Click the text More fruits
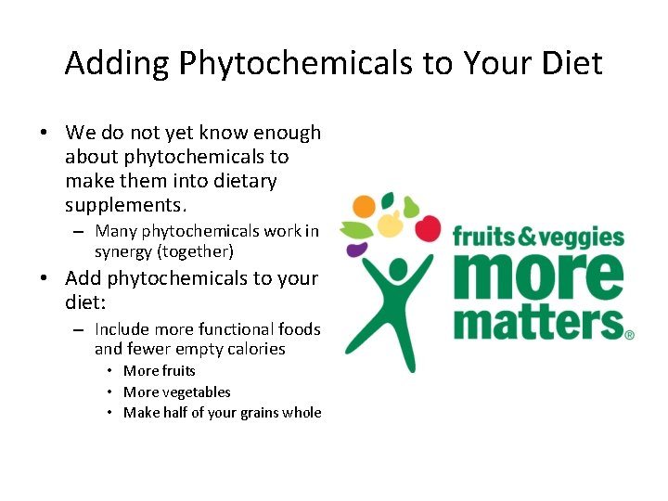click(x=160, y=371)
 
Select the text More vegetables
click(x=177, y=392)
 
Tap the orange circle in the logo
click(x=365, y=206)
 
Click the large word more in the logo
click(x=537, y=276)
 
